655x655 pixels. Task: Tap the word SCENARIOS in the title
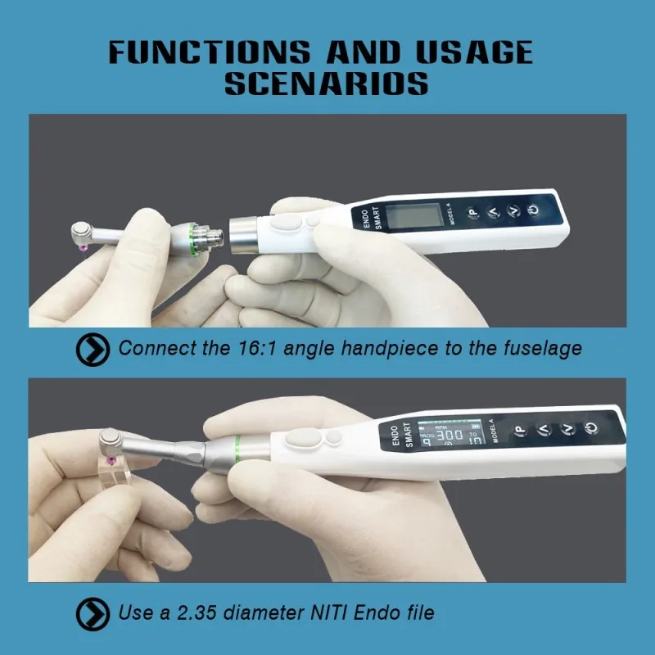[x=326, y=84]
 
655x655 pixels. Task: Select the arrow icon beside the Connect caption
[x=93, y=349]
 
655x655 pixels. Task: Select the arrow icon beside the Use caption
[x=93, y=613]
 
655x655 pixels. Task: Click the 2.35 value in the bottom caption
[x=185, y=612]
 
